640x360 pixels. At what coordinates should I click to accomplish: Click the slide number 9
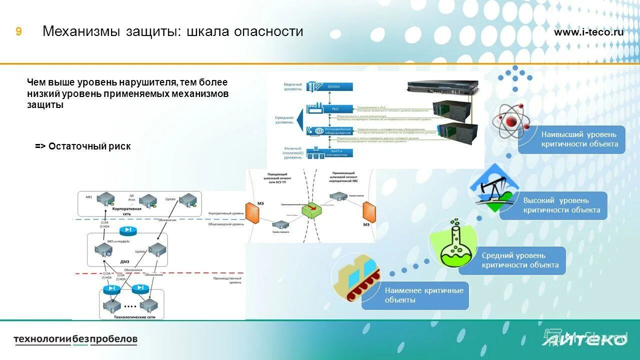pyautogui.click(x=18, y=32)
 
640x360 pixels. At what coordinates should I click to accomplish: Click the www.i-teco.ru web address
pyautogui.click(x=588, y=32)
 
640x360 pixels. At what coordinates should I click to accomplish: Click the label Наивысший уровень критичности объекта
pyautogui.click(x=579, y=139)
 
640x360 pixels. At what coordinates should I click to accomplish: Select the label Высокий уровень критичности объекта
pyautogui.click(x=561, y=205)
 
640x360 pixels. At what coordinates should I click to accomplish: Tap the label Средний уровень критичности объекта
pyautogui.click(x=519, y=260)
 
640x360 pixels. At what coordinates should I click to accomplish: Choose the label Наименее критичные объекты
pyautogui.click(x=423, y=295)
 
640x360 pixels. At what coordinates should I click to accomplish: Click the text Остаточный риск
pyautogui.click(x=83, y=146)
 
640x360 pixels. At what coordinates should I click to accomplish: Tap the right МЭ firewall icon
pyautogui.click(x=368, y=211)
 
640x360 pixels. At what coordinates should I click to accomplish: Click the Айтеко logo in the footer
pyautogui.click(x=583, y=340)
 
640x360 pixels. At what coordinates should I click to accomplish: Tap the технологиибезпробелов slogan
pyautogui.click(x=75, y=339)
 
